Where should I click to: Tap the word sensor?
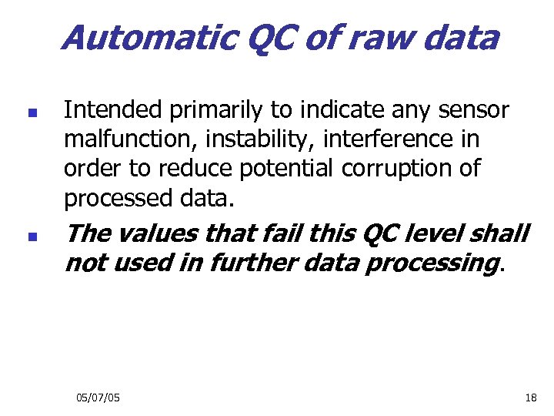pos(474,111)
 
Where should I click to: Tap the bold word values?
pos(162,232)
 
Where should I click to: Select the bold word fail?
pos(277,232)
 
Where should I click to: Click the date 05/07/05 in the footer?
pos(98,398)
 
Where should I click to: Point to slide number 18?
pos(530,398)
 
